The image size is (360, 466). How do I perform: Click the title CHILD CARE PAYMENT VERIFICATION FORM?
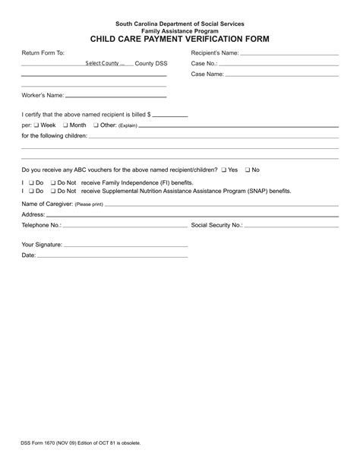(180, 38)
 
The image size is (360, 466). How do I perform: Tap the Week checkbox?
(35, 125)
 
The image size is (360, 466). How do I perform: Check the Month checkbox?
(65, 125)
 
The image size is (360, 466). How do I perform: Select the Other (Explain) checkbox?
(95, 125)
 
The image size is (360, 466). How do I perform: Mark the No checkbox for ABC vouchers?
(247, 170)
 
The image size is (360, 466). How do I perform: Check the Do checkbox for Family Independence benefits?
(31, 183)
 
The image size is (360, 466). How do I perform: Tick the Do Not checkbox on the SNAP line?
(52, 191)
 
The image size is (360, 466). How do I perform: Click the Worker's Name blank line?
(116, 97)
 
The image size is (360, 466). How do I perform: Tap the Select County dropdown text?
(105, 64)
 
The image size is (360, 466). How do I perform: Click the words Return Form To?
(43, 53)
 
